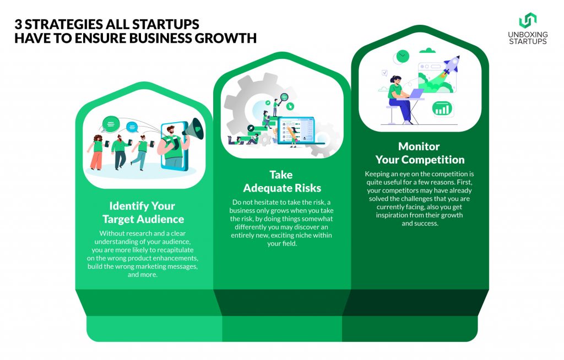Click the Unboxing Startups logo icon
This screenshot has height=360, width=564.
coord(528,20)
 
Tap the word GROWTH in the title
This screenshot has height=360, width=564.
coord(225,38)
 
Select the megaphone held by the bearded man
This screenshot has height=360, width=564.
coord(193,129)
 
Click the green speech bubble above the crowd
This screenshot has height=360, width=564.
coord(111,124)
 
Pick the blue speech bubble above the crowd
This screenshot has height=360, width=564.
coord(132,127)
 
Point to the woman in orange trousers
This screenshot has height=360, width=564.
coord(96,152)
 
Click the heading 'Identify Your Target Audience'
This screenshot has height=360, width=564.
coord(143,212)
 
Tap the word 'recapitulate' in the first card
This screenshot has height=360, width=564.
coord(173,250)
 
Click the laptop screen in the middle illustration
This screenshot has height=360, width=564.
coord(296,130)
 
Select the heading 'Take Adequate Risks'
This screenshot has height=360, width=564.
coord(282,181)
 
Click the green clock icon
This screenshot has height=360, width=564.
coord(403,57)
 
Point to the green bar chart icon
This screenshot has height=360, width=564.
coord(442,108)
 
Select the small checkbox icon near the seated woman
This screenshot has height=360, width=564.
coord(384,73)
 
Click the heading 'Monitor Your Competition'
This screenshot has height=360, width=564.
coord(420,153)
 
